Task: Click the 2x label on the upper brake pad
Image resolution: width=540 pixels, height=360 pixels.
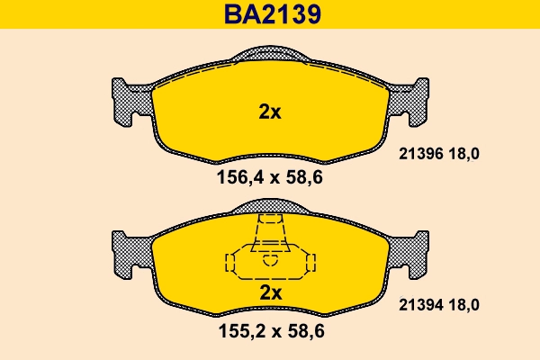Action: click(270, 112)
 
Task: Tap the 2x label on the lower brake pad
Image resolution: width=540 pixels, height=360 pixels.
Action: click(270, 293)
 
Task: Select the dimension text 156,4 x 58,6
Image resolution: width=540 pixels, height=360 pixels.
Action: click(270, 177)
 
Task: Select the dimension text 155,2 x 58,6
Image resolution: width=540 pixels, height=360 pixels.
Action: click(270, 330)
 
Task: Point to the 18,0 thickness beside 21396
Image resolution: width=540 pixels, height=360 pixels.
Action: click(463, 154)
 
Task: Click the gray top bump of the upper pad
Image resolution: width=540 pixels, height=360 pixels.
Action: click(270, 56)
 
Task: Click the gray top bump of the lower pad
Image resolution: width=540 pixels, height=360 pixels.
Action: click(270, 209)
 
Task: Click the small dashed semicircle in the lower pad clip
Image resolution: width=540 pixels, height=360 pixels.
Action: click(270, 261)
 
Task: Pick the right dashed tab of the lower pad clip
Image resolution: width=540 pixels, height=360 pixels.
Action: click(311, 263)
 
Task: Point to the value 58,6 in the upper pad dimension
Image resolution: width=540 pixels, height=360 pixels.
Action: click(304, 177)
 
